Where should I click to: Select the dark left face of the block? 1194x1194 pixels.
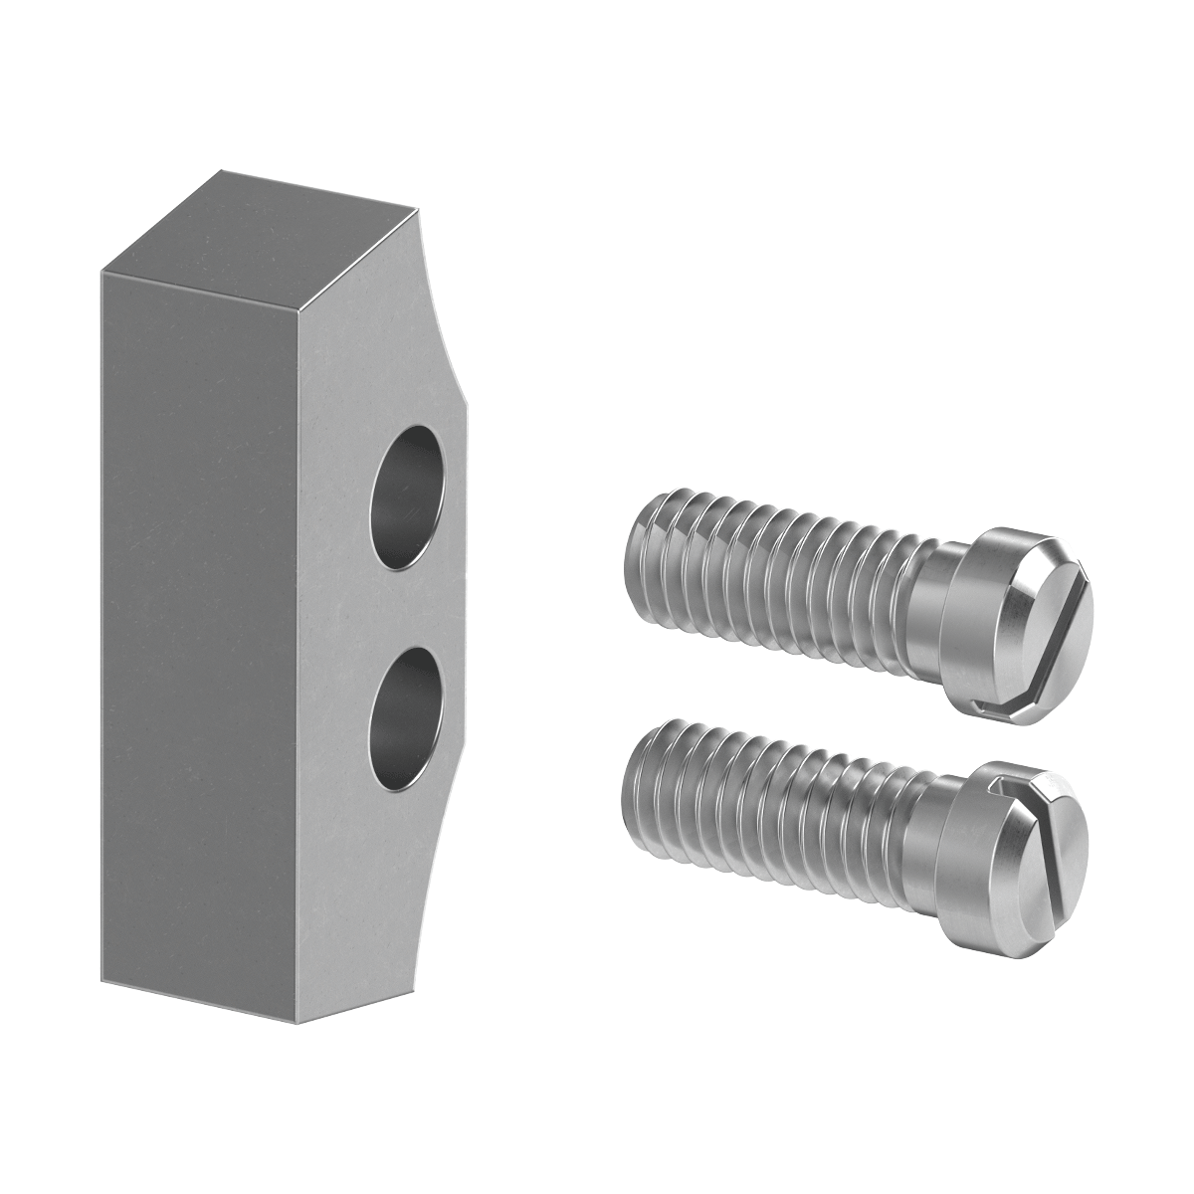tap(199, 617)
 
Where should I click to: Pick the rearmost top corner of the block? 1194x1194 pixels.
tap(221, 172)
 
